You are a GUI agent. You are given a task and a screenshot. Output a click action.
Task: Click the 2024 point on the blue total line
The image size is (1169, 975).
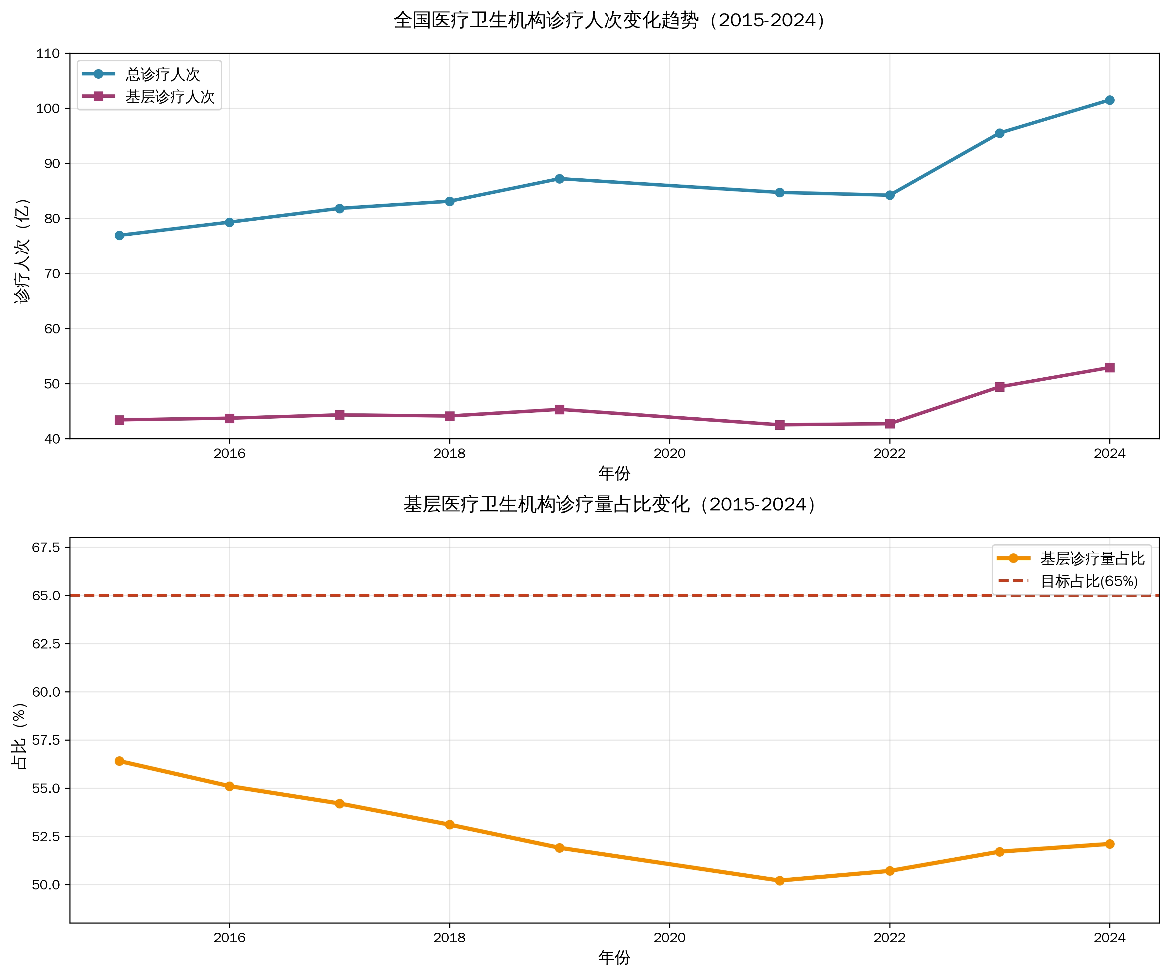1109,100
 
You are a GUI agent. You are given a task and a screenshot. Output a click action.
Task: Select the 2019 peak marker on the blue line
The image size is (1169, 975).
559,179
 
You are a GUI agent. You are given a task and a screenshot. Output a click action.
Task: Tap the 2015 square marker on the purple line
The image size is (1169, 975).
119,420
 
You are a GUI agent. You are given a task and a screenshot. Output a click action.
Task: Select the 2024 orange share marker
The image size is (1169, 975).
1109,844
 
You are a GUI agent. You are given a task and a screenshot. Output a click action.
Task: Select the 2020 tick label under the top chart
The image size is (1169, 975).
669,454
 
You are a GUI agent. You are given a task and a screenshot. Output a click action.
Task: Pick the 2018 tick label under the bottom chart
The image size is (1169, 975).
449,938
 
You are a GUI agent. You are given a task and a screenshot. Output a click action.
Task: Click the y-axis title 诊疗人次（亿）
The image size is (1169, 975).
22,250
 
